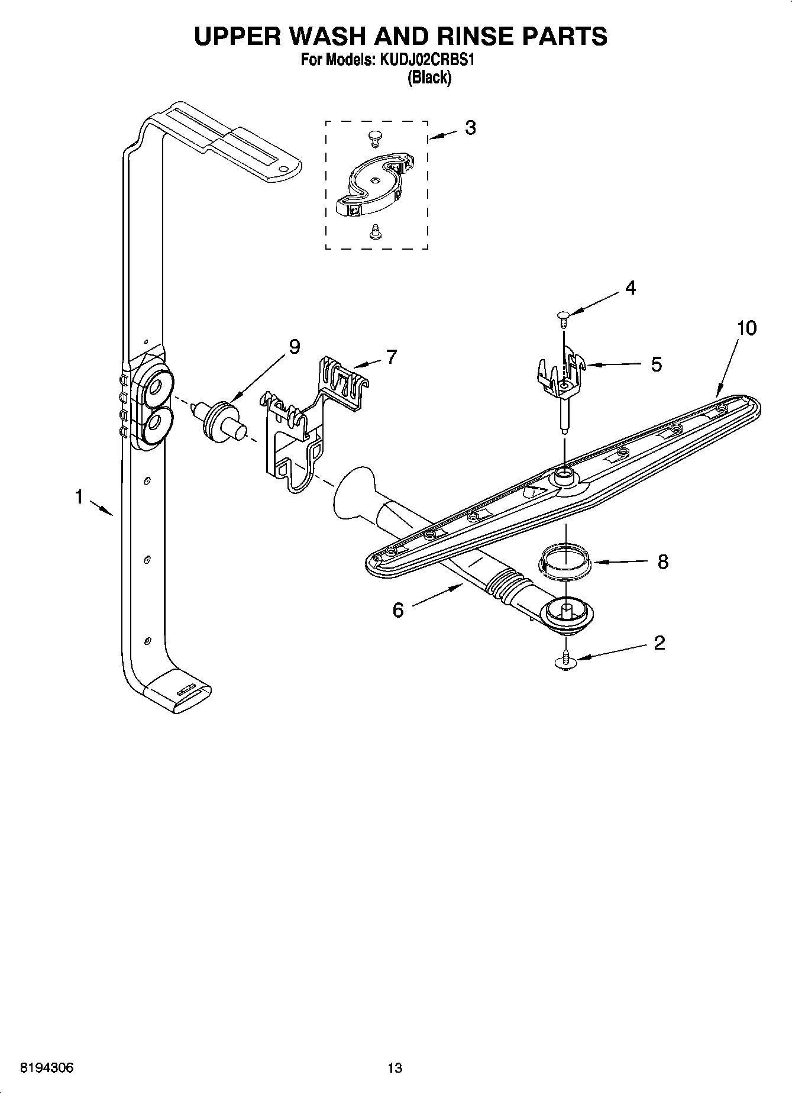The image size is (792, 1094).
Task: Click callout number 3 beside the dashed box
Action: click(470, 128)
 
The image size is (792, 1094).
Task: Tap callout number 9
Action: click(294, 347)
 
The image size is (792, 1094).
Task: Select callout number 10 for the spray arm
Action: click(747, 328)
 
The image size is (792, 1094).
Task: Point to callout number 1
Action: click(79, 498)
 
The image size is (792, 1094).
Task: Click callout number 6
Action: click(398, 609)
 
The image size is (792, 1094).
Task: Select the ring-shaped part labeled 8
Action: click(565, 562)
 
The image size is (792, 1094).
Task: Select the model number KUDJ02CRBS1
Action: click(428, 60)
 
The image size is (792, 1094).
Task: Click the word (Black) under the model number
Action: click(429, 78)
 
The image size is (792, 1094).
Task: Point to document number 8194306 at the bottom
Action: click(47, 1068)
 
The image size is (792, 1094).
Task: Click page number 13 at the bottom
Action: click(395, 1068)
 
